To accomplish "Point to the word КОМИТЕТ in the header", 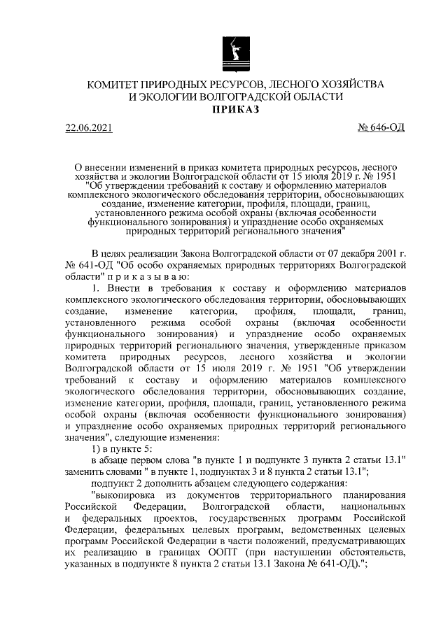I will [114, 84].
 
